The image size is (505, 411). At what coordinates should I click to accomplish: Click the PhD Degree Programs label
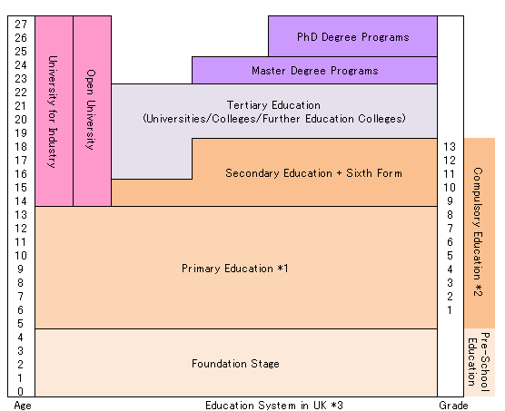(353, 37)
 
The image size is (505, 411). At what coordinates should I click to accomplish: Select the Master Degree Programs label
(314, 71)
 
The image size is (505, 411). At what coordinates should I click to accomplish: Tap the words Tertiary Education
(273, 105)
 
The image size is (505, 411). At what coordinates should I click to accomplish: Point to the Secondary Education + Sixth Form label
(313, 173)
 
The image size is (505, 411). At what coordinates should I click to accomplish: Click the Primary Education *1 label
(234, 269)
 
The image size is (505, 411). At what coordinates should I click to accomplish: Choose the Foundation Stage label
(235, 364)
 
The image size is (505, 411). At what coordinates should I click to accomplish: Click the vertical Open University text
(91, 110)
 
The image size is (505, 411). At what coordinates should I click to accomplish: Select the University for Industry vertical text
(53, 112)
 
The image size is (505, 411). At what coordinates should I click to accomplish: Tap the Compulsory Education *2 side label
(478, 231)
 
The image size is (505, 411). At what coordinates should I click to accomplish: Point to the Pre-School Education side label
(479, 362)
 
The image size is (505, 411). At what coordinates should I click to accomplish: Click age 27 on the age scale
(21, 24)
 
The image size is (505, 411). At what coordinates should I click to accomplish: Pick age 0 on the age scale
(21, 391)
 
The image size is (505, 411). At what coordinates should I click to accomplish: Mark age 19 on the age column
(21, 132)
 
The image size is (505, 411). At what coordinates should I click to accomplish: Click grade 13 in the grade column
(450, 147)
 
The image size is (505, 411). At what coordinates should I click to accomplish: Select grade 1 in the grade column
(450, 310)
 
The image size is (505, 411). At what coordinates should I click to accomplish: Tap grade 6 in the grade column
(450, 242)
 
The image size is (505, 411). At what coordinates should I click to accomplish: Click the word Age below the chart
(23, 406)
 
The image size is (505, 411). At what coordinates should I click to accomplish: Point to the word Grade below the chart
(453, 405)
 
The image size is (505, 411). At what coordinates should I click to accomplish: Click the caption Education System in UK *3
(274, 405)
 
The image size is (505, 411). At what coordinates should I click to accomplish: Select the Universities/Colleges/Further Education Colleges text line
(274, 119)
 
